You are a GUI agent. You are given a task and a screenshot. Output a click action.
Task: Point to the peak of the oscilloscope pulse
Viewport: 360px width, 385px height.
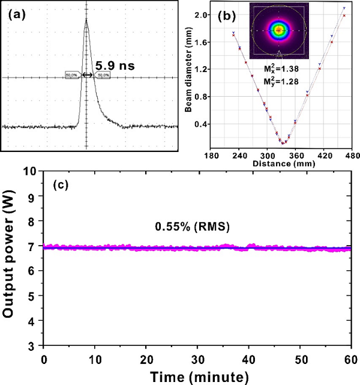pyautogui.click(x=86, y=19)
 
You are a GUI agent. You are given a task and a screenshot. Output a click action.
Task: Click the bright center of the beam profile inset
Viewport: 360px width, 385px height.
pyautogui.click(x=279, y=29)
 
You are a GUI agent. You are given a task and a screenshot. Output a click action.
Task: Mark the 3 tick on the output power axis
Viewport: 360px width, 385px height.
pyautogui.click(x=33, y=347)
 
